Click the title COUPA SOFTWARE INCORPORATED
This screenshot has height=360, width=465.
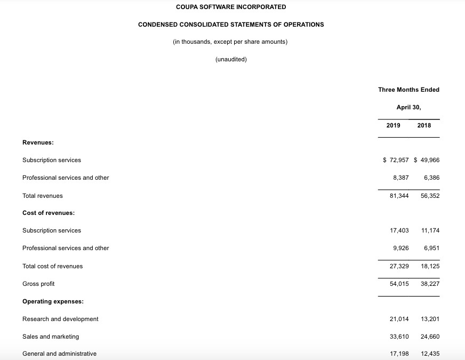point(230,7)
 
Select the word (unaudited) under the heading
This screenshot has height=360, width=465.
point(231,59)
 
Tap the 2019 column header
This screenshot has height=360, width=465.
point(394,125)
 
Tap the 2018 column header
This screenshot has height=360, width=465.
point(424,125)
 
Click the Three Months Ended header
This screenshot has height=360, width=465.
point(408,90)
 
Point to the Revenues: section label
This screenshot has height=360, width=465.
point(38,142)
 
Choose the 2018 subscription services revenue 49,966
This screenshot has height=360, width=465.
point(429,160)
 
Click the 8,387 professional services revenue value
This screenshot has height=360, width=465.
point(400,178)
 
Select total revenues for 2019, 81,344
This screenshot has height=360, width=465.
point(399,196)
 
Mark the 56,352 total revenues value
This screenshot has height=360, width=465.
point(430,196)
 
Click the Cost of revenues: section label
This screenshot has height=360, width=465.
point(49,213)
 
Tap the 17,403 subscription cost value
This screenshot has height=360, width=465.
point(399,230)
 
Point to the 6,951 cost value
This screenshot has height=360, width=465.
point(431,248)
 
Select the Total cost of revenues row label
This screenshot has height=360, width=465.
point(52,266)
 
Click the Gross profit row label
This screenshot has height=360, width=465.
point(38,284)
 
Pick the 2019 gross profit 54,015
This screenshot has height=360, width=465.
point(399,284)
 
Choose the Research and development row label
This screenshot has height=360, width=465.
point(60,319)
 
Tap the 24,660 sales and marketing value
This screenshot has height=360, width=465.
point(430,337)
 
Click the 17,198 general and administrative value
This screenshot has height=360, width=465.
point(399,354)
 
